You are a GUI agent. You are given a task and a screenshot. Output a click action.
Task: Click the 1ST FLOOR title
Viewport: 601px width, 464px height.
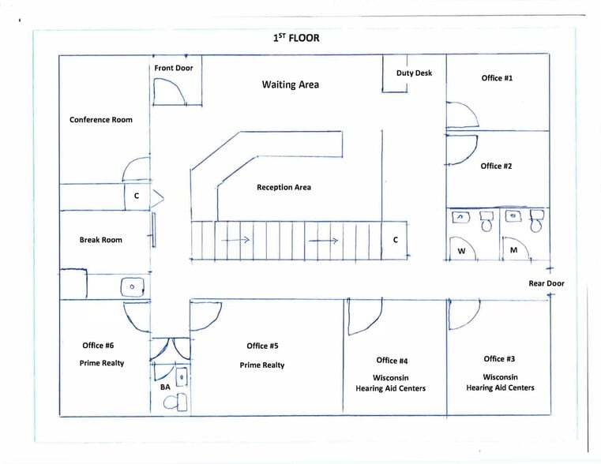(x=296, y=37)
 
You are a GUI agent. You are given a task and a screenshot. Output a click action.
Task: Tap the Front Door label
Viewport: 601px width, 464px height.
(x=173, y=68)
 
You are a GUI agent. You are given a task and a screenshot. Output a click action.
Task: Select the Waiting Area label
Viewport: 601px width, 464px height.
(x=291, y=84)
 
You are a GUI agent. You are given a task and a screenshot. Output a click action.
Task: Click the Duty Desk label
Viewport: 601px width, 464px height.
(x=414, y=73)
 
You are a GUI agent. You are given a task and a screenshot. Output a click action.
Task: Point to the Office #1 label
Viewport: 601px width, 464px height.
(x=497, y=78)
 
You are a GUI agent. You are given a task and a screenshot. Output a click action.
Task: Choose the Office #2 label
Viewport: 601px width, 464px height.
(x=496, y=166)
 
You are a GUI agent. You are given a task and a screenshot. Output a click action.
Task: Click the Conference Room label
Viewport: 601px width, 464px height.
(x=101, y=120)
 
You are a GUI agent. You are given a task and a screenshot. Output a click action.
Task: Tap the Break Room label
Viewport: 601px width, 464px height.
(x=101, y=240)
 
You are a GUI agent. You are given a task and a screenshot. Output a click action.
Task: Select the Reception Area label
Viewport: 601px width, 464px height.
(x=284, y=188)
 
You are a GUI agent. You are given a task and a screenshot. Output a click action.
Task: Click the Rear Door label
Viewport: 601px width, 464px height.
(x=547, y=283)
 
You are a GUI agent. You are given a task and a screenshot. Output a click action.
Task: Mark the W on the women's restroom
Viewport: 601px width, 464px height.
(x=461, y=251)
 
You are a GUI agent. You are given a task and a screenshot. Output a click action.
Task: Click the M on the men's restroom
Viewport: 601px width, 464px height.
(x=513, y=251)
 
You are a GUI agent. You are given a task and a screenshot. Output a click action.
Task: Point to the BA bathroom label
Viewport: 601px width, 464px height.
(x=165, y=387)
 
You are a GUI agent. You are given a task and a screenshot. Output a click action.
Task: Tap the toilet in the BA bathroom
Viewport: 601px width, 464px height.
(x=175, y=402)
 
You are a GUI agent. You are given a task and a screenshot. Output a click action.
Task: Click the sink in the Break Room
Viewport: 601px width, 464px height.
(x=132, y=286)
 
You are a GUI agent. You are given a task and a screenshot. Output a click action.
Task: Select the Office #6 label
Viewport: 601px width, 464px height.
(x=98, y=346)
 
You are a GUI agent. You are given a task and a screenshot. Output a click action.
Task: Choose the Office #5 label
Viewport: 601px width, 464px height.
(x=262, y=346)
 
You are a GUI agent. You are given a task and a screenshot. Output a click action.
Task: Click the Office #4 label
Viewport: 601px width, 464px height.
(x=392, y=361)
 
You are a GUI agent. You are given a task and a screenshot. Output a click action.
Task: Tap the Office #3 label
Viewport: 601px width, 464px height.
(x=500, y=359)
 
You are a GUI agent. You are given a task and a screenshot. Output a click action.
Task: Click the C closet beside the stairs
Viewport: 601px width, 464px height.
(x=396, y=240)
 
